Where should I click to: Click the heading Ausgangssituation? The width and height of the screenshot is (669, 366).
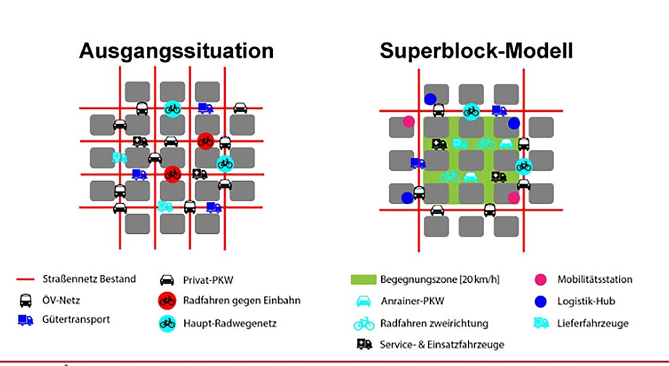(x=176, y=51)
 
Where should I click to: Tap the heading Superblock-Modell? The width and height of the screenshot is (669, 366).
(x=477, y=51)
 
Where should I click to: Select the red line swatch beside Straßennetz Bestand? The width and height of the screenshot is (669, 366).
(x=26, y=279)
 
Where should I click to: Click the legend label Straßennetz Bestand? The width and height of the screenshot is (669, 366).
(x=89, y=279)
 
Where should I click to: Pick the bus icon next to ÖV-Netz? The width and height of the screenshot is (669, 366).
(x=25, y=300)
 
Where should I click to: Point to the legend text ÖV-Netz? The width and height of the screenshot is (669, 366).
(x=62, y=300)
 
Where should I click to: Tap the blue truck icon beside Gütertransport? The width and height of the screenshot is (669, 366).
(x=25, y=319)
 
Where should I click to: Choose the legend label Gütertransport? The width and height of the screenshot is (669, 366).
(x=76, y=319)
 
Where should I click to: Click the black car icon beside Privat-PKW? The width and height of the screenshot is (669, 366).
(x=165, y=280)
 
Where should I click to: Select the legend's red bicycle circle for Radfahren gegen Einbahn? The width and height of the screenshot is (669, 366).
(x=165, y=300)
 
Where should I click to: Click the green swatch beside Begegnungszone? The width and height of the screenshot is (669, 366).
(x=362, y=279)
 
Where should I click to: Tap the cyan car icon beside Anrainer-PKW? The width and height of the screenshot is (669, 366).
(x=363, y=301)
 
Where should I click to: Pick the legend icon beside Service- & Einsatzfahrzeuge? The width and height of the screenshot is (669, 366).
(x=363, y=344)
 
